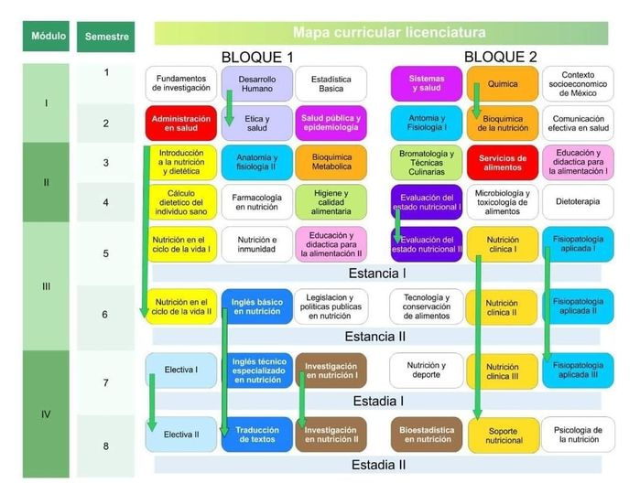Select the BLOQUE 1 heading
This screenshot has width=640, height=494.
[257, 57]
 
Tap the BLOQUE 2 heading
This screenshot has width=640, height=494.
[500, 57]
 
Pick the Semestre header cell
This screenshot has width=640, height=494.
[106, 37]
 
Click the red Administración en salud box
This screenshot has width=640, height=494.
[181, 123]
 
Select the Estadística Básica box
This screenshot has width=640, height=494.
[331, 84]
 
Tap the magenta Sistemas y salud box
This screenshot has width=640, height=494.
[427, 84]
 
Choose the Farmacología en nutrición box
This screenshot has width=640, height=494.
[256, 202]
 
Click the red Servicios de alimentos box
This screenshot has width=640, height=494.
[503, 163]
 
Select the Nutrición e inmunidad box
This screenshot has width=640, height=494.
[256, 243]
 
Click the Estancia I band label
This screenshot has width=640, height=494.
[377, 273]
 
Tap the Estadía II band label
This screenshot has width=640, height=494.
[378, 465]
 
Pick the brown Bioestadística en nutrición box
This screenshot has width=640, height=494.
[427, 434]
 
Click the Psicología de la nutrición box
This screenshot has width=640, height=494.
[578, 434]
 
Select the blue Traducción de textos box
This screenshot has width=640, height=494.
[256, 434]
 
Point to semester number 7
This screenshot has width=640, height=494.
[105, 382]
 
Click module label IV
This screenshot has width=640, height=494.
[45, 414]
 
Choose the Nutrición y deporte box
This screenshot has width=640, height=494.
[427, 370]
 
